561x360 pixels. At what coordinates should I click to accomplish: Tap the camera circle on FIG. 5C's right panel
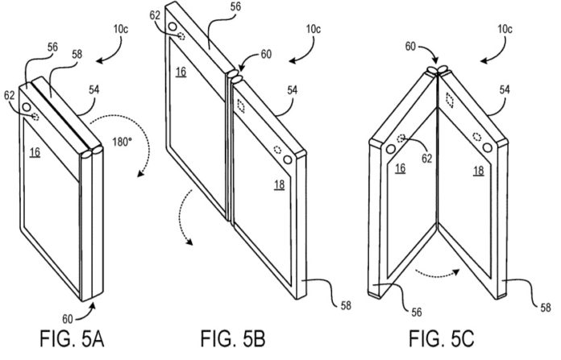[488, 146]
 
